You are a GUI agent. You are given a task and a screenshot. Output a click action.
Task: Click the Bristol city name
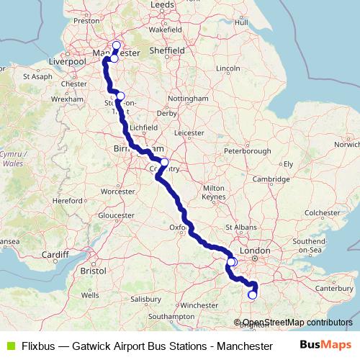(94, 271)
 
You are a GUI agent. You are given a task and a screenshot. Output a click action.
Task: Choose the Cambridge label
(276, 179)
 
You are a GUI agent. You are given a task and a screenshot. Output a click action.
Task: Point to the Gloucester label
(116, 215)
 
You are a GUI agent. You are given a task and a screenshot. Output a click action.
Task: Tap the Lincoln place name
(228, 68)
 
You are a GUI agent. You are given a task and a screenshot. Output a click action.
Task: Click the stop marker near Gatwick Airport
(252, 294)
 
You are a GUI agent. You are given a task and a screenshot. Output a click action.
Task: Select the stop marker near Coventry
(164, 162)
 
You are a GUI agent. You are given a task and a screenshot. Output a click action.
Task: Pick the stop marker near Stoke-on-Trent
(120, 96)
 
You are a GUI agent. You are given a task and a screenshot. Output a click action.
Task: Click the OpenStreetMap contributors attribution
(296, 323)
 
